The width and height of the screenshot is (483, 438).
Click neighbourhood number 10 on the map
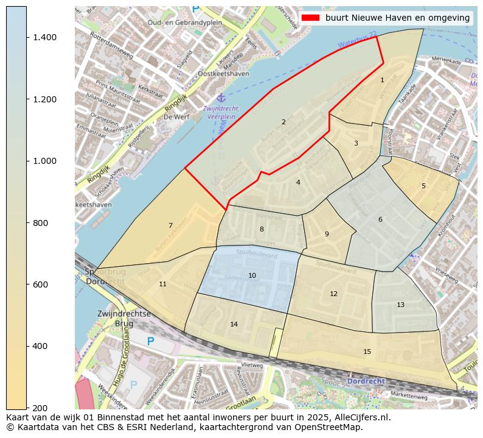click(x=252, y=276)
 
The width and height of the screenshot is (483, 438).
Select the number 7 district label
click(x=170, y=226)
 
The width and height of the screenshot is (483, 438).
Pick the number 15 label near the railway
click(x=367, y=351)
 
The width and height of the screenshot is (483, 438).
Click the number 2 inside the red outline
click(x=283, y=122)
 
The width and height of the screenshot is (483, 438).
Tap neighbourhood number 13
click(x=400, y=305)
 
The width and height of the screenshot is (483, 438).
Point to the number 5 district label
click(x=423, y=186)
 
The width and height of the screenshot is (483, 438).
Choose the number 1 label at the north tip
click(x=382, y=80)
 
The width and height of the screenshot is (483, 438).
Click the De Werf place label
click(x=177, y=116)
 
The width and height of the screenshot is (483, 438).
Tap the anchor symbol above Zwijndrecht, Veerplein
click(x=222, y=98)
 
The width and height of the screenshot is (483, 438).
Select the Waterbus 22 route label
click(x=357, y=40)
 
